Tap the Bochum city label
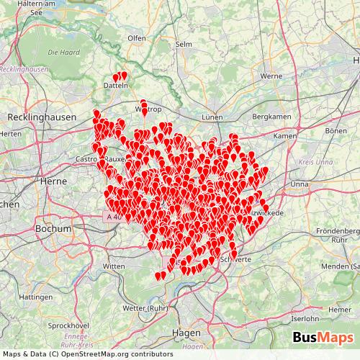click(53, 228)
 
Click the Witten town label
click(115, 266)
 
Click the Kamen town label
click(285, 135)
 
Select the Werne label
click(270, 76)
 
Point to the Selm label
click(204, 45)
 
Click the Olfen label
click(136, 37)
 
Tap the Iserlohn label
click(305, 318)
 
